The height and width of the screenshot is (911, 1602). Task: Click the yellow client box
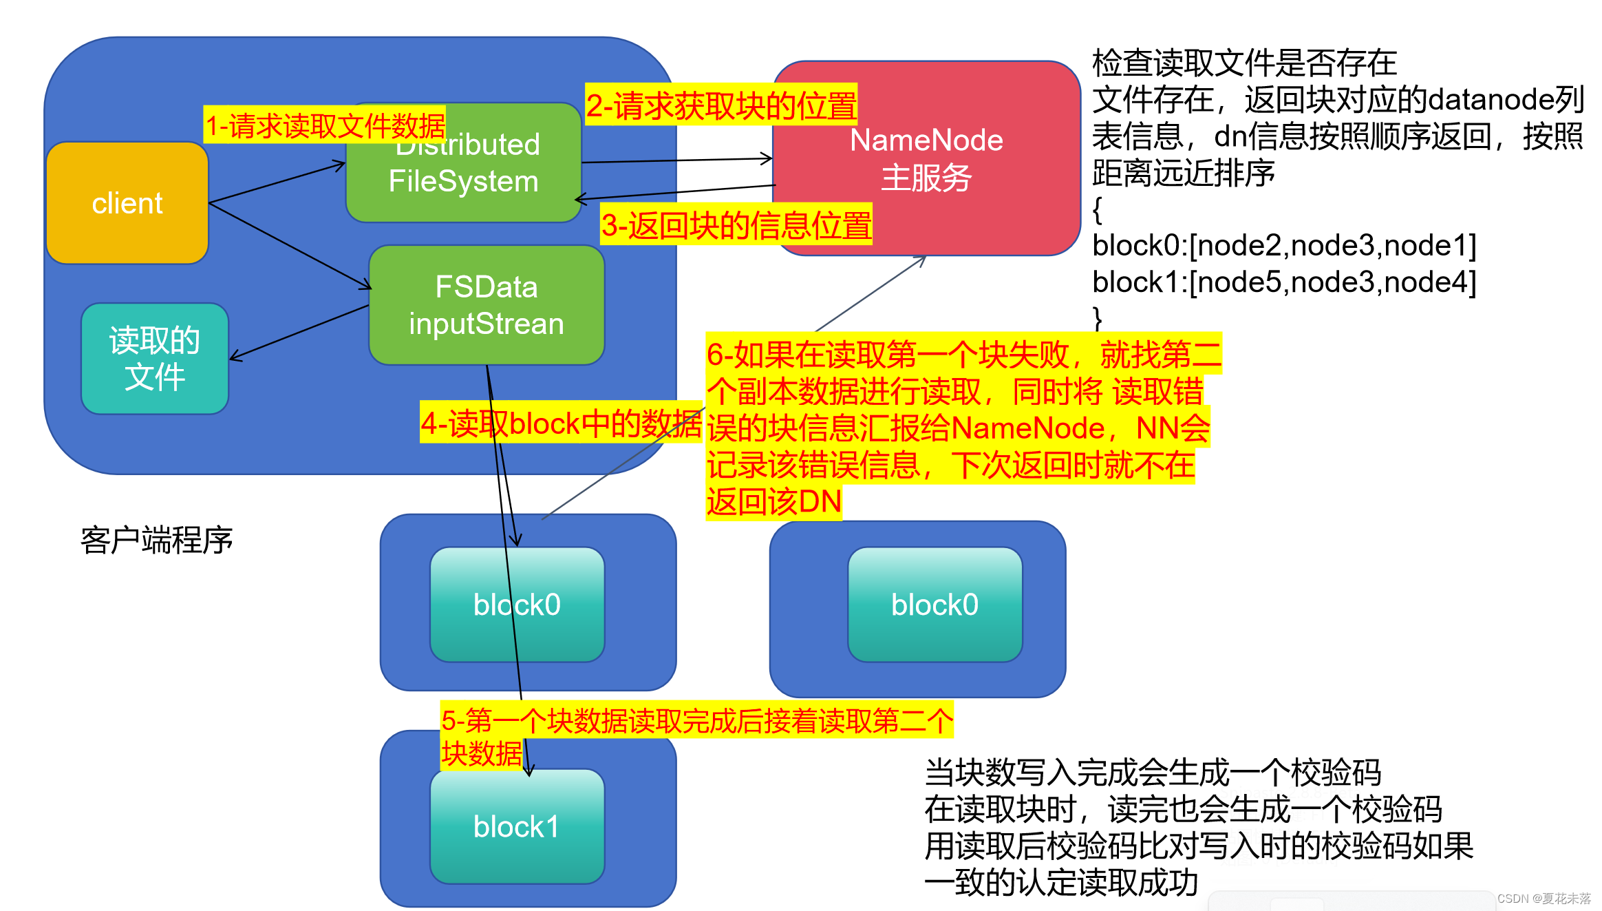pyautogui.click(x=127, y=203)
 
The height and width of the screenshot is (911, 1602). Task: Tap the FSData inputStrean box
pyautogui.click(x=486, y=305)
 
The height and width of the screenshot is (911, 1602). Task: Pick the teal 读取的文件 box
pyautogui.click(x=154, y=359)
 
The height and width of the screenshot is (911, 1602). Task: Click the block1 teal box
pyautogui.click(x=516, y=827)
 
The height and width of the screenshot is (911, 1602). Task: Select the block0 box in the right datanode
pyautogui.click(x=934, y=605)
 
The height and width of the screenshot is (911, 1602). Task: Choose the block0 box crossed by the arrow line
pyautogui.click(x=516, y=605)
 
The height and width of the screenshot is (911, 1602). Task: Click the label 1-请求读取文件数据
pyautogui.click(x=325, y=126)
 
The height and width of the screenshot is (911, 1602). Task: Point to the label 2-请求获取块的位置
pyautogui.click(x=720, y=105)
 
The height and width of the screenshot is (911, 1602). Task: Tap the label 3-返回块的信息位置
pyautogui.click(x=736, y=225)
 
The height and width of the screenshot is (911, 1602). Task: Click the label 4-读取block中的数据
pyautogui.click(x=560, y=423)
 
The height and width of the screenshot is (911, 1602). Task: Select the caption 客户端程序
pyautogui.click(x=156, y=540)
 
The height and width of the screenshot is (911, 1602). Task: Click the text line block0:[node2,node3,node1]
pyautogui.click(x=1283, y=246)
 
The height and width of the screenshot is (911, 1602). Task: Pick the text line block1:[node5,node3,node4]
pyautogui.click(x=1283, y=282)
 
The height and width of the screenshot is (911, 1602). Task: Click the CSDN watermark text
pyautogui.click(x=1544, y=899)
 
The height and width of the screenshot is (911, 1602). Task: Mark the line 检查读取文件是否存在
pyautogui.click(x=1243, y=63)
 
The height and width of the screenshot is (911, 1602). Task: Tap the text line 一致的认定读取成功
pyautogui.click(x=1060, y=883)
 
